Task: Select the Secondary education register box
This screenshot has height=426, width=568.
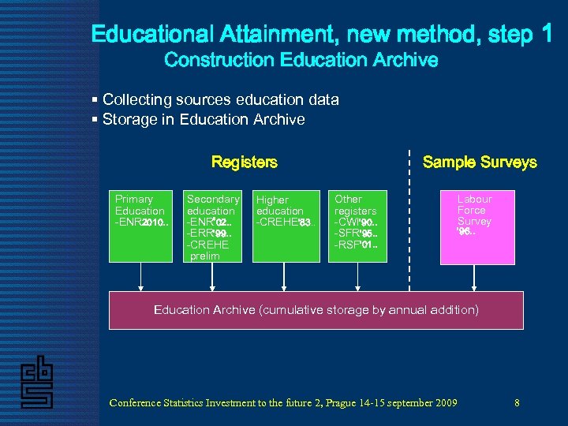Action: tap(212, 226)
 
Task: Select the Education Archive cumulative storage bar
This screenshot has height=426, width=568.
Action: tap(316, 310)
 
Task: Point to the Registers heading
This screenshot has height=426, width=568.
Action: tap(245, 162)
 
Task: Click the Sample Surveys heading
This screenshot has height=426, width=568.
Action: tap(480, 162)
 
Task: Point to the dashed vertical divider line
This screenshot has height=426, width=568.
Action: tap(409, 221)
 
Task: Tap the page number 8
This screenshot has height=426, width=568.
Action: tap(517, 403)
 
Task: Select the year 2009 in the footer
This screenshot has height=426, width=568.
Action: tap(445, 403)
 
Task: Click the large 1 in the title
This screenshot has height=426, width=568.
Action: tap(547, 33)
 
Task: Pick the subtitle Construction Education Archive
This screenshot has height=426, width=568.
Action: tap(301, 60)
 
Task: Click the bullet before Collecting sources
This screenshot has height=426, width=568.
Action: tap(95, 100)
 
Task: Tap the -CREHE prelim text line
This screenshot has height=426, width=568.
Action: tap(207, 250)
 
